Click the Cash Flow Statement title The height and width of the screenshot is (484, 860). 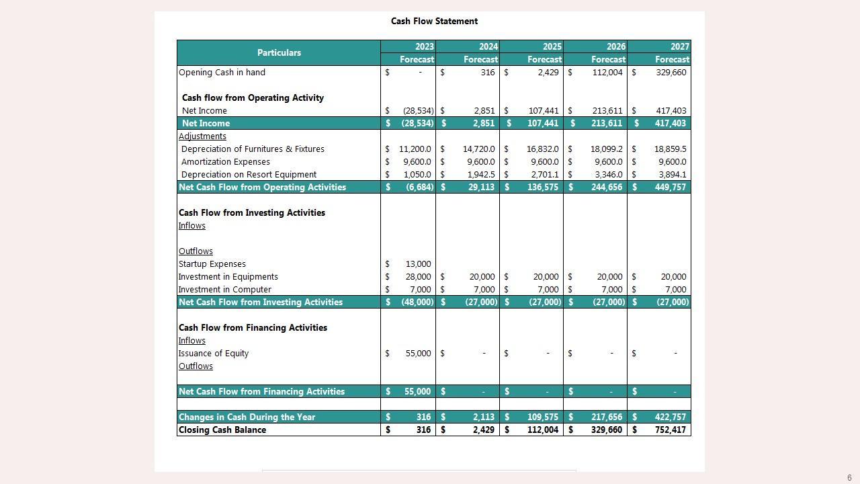tap(434, 22)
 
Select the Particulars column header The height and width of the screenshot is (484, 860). tap(279, 52)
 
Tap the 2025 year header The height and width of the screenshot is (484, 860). tap(552, 46)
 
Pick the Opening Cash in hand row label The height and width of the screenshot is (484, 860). tap(222, 73)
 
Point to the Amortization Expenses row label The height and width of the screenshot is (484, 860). tap(225, 162)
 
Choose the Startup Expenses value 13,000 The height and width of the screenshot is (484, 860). tap(418, 264)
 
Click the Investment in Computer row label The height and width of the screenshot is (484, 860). tap(224, 290)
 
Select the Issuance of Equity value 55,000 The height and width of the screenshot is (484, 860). tap(418, 354)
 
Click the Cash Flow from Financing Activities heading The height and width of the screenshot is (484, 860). tap(253, 328)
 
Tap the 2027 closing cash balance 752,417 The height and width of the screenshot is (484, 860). tap(670, 430)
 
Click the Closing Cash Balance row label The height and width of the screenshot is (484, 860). tap(222, 430)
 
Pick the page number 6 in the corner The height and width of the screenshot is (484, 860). tap(849, 478)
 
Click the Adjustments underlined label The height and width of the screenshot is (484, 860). tap(202, 136)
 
